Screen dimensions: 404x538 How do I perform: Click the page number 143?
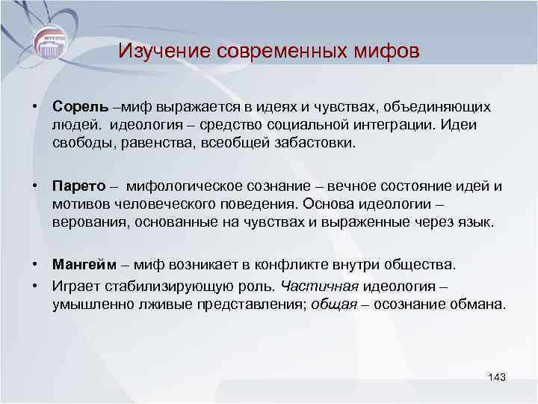coord(496,376)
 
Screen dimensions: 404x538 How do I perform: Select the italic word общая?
coord(331,304)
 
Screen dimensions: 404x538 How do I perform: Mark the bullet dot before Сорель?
coord(34,108)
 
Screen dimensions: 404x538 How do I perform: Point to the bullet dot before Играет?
coord(34,285)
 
